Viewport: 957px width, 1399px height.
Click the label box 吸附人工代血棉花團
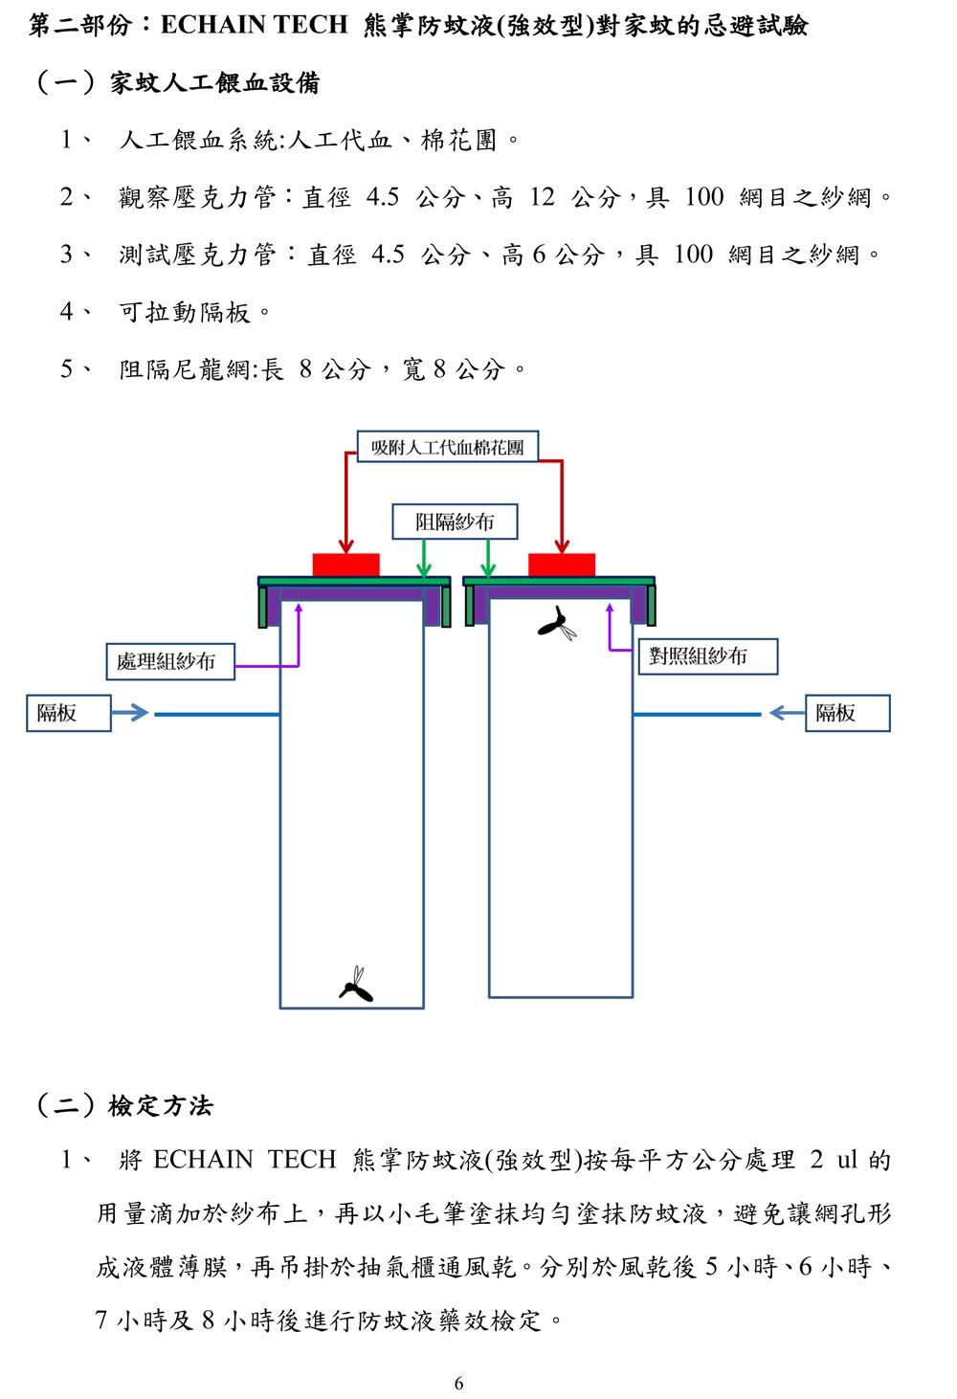tap(447, 446)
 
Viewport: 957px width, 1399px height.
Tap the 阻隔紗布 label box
tap(455, 521)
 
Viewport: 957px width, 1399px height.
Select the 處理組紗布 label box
tap(170, 661)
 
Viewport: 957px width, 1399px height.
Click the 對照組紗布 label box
tap(708, 655)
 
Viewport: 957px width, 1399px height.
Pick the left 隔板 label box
tap(69, 713)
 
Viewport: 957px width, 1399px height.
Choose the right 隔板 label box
tap(848, 713)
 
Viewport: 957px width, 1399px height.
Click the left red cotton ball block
tap(346, 565)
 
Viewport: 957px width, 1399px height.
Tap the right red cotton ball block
tap(562, 565)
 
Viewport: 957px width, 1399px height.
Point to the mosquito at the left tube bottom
tap(356, 985)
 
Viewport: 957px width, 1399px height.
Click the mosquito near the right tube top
tap(557, 623)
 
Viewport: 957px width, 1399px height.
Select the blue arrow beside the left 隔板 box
tap(130, 713)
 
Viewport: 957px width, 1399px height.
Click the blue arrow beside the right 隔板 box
tap(787, 713)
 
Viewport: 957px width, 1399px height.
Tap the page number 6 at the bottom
tap(459, 1384)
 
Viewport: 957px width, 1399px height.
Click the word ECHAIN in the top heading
tap(212, 24)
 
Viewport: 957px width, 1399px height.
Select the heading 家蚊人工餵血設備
tap(215, 82)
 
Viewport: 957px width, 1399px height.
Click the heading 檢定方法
tap(161, 1105)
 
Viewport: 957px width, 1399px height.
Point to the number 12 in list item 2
tap(543, 197)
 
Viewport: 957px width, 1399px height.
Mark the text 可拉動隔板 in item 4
tap(185, 312)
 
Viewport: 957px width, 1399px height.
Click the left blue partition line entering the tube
tap(217, 714)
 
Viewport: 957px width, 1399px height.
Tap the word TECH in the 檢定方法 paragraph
tap(302, 1160)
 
